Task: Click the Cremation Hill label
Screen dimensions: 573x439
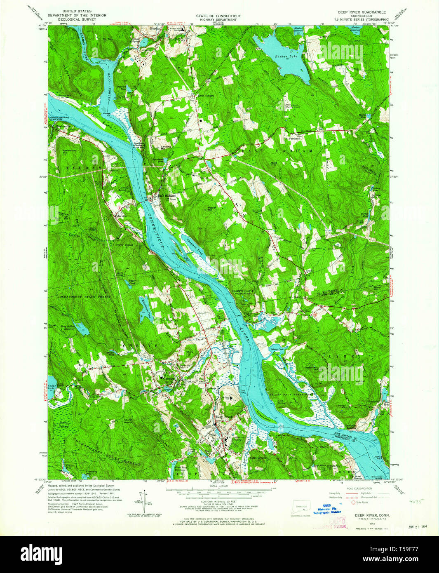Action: point(70,152)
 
